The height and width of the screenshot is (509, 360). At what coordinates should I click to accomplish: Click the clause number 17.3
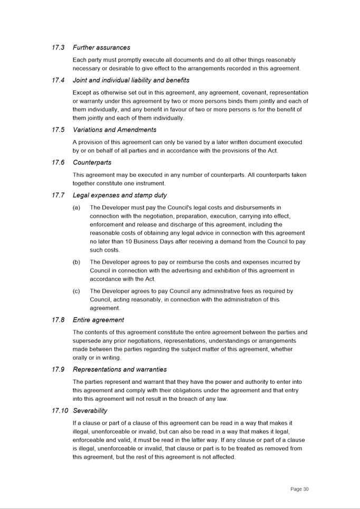58,47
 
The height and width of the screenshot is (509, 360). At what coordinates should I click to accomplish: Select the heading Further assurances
101,47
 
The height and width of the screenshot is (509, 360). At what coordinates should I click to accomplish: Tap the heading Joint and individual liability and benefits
131,80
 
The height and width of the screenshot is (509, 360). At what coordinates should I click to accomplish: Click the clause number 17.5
58,130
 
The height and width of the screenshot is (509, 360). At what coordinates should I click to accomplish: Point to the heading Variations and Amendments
115,130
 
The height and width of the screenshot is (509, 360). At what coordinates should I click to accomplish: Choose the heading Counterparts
92,162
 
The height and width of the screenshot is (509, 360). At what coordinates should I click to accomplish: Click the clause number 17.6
58,162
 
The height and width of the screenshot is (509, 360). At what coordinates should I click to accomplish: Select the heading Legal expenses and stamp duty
120,195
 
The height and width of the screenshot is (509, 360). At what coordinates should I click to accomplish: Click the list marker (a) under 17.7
77,208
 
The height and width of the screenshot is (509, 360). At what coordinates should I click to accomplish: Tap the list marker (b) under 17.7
77,262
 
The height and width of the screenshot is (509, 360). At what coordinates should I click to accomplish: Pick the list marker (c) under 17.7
77,291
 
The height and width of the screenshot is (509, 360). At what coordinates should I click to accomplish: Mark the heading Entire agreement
98,320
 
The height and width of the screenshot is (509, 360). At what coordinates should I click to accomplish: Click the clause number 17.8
58,320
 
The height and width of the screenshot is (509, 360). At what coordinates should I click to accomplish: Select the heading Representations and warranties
120,370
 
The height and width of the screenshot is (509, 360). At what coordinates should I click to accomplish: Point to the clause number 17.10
60,411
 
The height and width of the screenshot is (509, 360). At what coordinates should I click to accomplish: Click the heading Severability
90,411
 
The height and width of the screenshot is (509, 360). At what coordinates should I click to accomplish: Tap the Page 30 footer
299,489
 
